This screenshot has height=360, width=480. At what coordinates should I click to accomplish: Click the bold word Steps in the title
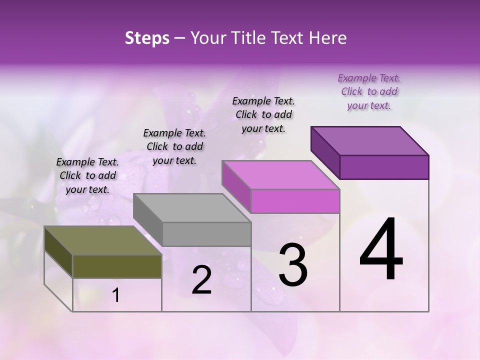147,38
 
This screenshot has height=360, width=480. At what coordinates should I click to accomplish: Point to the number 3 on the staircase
292,264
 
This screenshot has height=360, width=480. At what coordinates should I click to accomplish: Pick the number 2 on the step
201,280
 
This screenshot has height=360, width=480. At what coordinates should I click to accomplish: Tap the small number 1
116,295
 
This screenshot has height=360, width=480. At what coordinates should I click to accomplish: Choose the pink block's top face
280,175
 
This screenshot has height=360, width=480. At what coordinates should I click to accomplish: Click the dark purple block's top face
369,141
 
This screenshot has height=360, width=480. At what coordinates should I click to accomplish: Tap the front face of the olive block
117,266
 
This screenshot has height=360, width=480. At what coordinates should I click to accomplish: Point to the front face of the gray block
206,234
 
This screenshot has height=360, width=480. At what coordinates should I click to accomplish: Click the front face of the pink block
295,201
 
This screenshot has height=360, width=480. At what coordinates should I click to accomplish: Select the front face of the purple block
384,167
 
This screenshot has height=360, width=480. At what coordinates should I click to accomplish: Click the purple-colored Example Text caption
369,91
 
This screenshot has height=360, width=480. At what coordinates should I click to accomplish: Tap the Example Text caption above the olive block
87,175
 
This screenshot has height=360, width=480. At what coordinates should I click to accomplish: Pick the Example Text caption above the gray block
174,146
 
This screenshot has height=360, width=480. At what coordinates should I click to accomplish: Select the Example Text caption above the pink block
263,114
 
